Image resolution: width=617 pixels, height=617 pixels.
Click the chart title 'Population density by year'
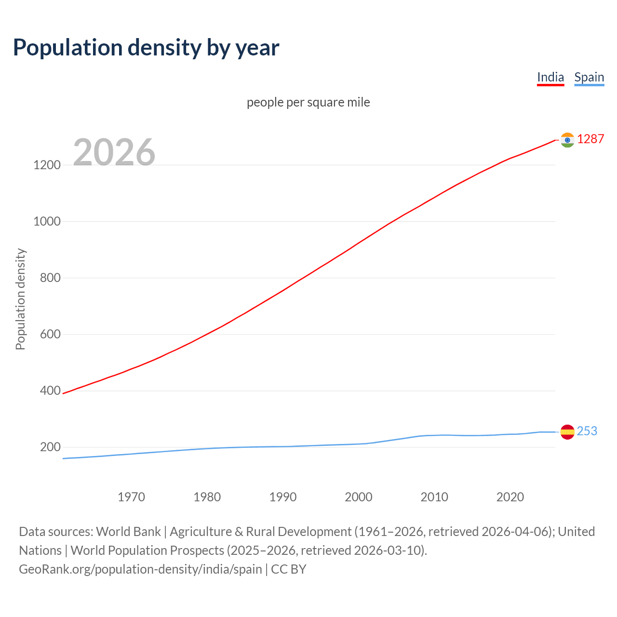point(146,48)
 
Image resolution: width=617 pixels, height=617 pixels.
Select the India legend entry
point(550,77)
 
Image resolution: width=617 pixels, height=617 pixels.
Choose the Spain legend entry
point(589,77)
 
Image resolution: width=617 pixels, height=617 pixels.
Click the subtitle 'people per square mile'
point(308,103)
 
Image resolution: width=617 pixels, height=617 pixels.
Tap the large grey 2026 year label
point(114,152)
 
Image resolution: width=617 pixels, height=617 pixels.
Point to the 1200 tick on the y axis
point(47,165)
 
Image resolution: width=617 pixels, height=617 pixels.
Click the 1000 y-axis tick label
point(47,222)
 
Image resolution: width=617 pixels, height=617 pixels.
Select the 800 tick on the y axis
point(50,278)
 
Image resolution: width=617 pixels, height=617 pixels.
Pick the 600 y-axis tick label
point(50,335)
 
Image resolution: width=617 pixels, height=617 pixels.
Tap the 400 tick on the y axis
point(50,391)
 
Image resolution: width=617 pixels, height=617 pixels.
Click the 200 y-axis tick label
point(50,447)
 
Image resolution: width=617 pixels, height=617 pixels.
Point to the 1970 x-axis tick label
point(131,497)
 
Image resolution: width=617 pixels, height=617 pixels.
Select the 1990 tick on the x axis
point(283,497)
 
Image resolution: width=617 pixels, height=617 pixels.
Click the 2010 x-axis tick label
point(434,497)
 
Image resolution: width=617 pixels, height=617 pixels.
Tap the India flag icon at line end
point(567,140)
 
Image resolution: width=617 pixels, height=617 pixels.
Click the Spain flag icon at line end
point(567,432)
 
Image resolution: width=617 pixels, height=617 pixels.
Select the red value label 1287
point(590,139)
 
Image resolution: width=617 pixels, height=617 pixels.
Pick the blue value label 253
point(587,431)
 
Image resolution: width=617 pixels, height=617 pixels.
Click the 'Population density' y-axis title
point(20,299)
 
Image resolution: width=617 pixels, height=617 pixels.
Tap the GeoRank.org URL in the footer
point(140,569)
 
